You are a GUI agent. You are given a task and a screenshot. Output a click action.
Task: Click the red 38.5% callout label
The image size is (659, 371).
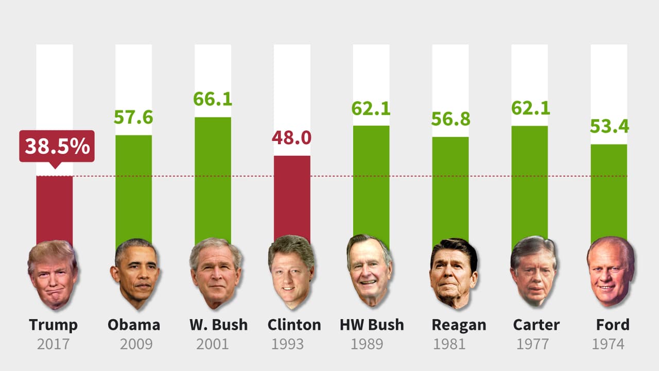pyautogui.click(x=57, y=147)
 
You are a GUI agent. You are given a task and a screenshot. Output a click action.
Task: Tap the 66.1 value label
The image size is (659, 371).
pyautogui.click(x=213, y=99)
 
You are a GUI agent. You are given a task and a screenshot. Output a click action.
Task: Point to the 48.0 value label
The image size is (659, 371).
pyautogui.click(x=292, y=138)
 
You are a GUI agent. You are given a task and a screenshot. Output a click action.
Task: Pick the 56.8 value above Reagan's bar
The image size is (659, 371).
pyautogui.click(x=450, y=119)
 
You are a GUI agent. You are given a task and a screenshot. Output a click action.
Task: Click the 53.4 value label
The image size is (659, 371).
pyautogui.click(x=609, y=126)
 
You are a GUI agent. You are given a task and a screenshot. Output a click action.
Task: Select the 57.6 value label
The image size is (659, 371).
pyautogui.click(x=133, y=117)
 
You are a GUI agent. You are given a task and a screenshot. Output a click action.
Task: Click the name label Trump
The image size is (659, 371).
pyautogui.click(x=54, y=325)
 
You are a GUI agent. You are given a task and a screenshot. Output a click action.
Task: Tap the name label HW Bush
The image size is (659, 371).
pyautogui.click(x=372, y=325)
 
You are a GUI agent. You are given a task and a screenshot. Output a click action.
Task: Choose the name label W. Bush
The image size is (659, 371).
pyautogui.click(x=218, y=325)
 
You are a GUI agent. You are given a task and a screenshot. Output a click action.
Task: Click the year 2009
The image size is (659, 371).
pyautogui.click(x=136, y=344)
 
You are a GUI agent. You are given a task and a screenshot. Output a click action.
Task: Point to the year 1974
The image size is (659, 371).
pyautogui.click(x=608, y=344)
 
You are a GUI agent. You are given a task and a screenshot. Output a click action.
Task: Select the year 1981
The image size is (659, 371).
pyautogui.click(x=449, y=344)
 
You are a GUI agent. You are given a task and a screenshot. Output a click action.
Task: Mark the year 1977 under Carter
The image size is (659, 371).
pyautogui.click(x=532, y=344)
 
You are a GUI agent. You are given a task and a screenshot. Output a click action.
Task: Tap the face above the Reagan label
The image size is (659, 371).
pyautogui.click(x=453, y=273)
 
